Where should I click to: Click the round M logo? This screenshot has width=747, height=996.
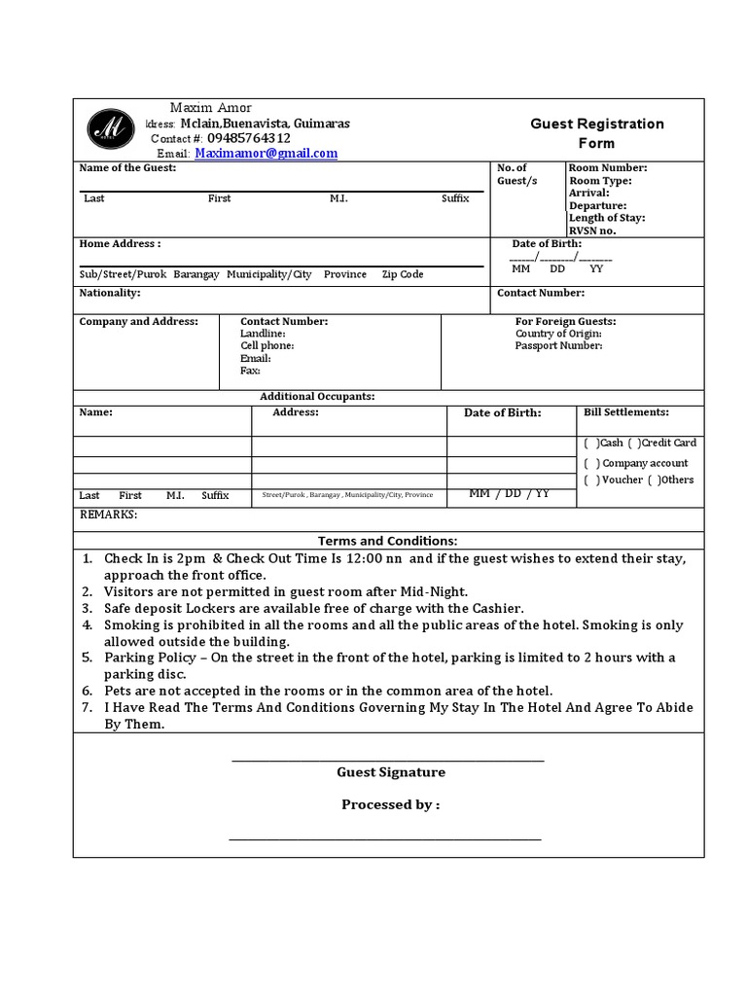click(111, 129)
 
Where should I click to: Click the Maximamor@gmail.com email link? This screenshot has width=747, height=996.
click(266, 154)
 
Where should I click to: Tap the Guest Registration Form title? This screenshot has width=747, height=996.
click(596, 133)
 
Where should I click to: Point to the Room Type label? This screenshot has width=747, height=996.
click(600, 181)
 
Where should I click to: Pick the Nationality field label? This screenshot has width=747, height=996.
click(110, 293)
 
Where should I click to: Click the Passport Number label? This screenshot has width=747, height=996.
click(558, 345)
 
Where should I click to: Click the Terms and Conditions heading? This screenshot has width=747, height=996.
click(387, 541)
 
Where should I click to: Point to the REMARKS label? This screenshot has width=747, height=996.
click(108, 515)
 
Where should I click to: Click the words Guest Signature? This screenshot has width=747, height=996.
click(391, 772)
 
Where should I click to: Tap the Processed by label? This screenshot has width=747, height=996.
click(390, 805)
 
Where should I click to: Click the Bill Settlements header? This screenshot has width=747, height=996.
click(625, 412)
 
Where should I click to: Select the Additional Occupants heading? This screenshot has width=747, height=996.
click(317, 397)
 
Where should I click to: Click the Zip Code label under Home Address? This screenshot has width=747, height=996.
click(402, 274)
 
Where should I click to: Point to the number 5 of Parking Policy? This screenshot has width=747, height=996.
click(87, 658)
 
